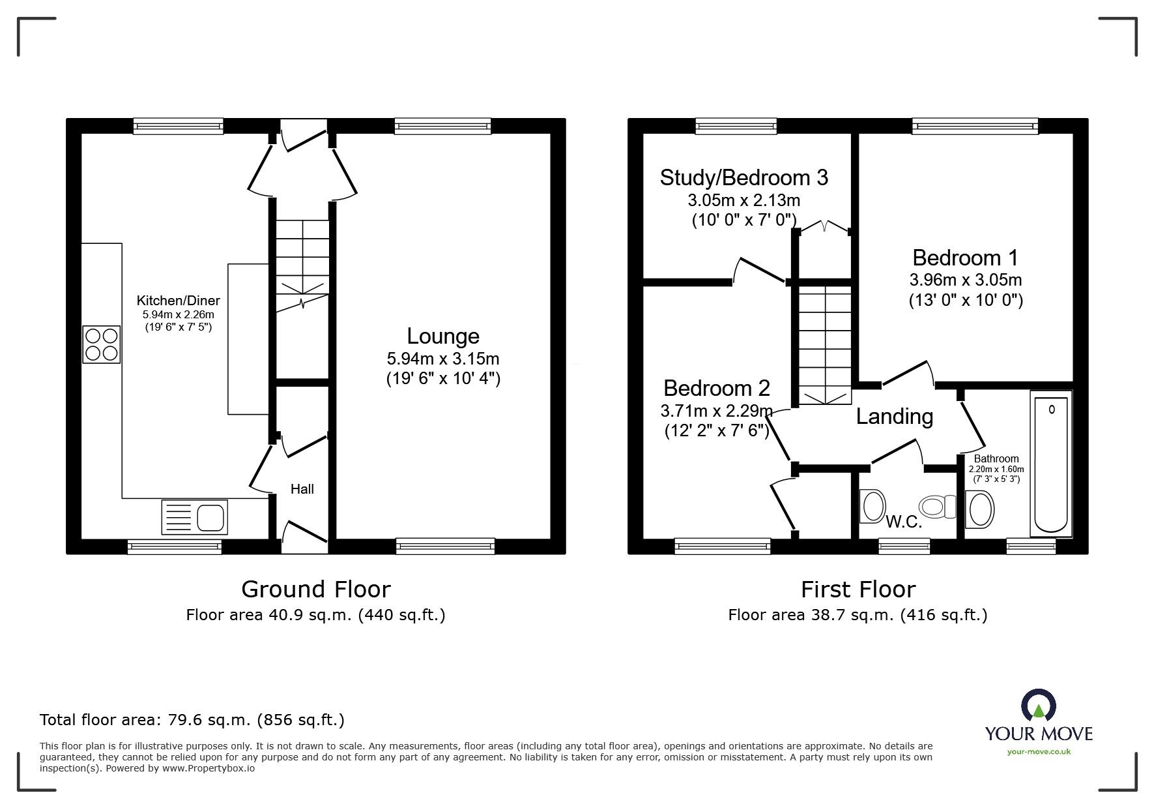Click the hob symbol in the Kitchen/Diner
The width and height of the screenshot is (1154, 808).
[102, 344]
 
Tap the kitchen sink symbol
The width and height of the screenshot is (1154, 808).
[194, 518]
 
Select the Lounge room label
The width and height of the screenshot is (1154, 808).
[443, 336]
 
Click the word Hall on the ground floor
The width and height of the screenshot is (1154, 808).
[302, 489]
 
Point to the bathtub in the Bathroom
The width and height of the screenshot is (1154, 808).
[1050, 463]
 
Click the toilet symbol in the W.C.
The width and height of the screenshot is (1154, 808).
[936, 506]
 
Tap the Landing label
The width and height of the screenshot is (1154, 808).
[894, 416]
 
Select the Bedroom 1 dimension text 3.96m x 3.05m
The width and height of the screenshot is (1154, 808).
[965, 280]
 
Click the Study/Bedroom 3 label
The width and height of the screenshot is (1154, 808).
[743, 177]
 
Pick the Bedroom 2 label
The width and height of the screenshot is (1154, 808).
[717, 388]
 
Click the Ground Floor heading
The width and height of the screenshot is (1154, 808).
[316, 590]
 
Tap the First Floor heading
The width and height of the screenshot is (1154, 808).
[858, 590]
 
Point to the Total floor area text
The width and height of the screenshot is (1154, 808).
[192, 720]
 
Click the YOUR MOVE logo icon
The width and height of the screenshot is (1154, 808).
[1039, 706]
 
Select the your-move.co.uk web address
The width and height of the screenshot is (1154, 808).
[1039, 752]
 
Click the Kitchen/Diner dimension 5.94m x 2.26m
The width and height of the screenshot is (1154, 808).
[178, 314]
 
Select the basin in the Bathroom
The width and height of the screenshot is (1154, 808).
[979, 509]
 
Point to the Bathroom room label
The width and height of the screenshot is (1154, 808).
[996, 459]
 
